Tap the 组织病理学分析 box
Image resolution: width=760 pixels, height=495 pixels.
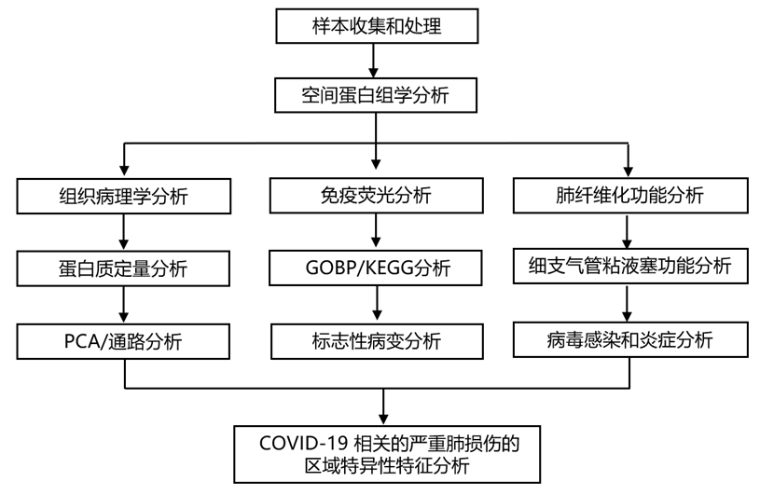[124, 197]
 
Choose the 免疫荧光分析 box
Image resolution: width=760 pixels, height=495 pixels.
[375, 197]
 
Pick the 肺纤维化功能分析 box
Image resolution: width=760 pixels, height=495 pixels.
[629, 197]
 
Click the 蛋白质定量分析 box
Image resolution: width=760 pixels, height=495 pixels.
[124, 268]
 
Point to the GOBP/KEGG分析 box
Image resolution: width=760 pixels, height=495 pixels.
[375, 268]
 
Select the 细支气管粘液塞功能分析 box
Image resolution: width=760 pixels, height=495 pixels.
[629, 268]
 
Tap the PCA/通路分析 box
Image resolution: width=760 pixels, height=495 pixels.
[124, 340]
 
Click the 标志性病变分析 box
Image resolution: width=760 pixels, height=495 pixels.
[375, 340]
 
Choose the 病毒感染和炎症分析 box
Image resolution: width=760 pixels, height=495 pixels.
[629, 339]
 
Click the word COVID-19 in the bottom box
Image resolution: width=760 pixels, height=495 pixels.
[297, 442]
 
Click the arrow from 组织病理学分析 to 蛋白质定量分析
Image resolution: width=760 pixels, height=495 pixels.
[124, 232]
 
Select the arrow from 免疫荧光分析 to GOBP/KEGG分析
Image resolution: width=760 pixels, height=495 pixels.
[375, 232]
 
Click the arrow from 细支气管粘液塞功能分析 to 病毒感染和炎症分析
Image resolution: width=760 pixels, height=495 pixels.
[629, 304]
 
